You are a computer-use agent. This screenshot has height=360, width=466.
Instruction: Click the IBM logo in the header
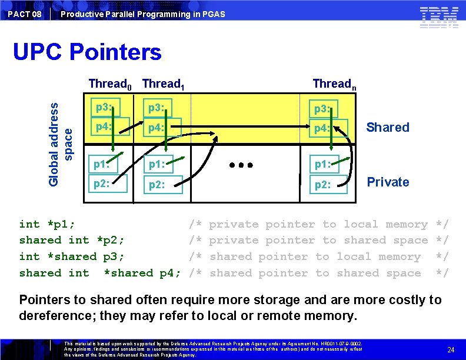pyautogui.click(x=439, y=17)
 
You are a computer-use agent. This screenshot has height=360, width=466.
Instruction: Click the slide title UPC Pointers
pyautogui.click(x=87, y=52)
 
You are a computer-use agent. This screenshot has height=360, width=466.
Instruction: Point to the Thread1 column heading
pyautogui.click(x=164, y=84)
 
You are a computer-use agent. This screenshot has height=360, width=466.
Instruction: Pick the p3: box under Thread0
pyautogui.click(x=106, y=108)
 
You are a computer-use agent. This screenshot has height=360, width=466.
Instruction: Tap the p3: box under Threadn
pyautogui.click(x=325, y=109)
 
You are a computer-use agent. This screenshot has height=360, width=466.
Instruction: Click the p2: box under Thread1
pyautogui.click(x=160, y=185)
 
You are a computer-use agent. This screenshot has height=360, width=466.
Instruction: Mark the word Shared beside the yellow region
pyautogui.click(x=387, y=127)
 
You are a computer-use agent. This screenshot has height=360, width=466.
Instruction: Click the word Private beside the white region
pyautogui.click(x=387, y=182)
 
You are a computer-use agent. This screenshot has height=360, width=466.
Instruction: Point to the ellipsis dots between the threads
pyautogui.click(x=241, y=165)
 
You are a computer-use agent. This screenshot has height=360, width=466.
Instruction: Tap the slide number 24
pyautogui.click(x=451, y=350)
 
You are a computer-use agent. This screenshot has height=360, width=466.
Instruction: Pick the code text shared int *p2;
pyautogui.click(x=71, y=240)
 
